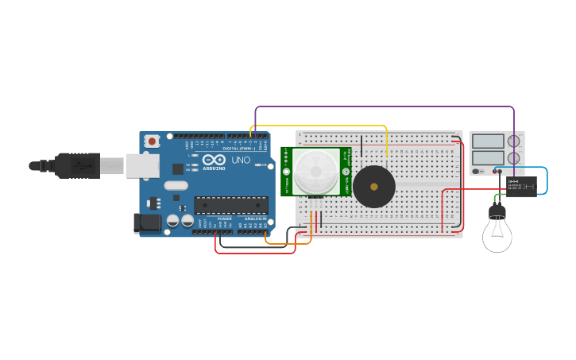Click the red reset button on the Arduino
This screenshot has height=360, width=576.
point(152,141)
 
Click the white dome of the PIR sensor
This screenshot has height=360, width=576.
point(315,171)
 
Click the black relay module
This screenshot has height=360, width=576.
point(521,185)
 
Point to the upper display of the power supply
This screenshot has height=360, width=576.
point(488,141)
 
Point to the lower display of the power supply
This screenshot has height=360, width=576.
point(488,158)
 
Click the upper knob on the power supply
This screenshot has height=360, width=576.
point(514,141)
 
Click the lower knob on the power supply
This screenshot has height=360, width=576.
point(514,158)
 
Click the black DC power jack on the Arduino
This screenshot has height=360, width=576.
point(148,223)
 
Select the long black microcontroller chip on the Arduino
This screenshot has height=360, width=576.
point(231,205)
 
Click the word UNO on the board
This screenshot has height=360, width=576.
point(241,160)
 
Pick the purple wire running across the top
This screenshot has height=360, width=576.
point(381,106)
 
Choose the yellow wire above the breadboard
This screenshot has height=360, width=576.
point(318,126)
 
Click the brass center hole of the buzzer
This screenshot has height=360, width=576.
point(374,187)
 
